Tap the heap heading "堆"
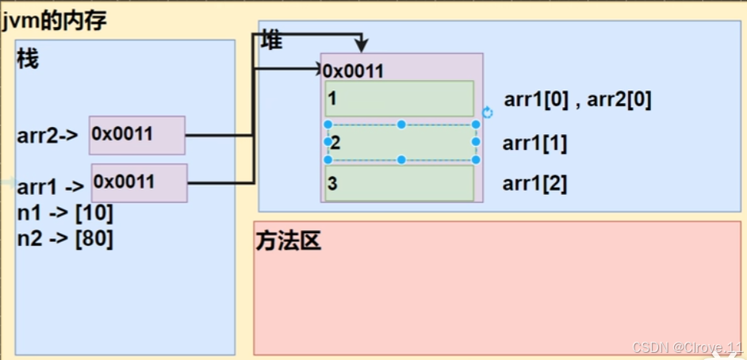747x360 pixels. [271, 42]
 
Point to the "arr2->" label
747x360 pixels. [47, 135]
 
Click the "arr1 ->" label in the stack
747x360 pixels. [50, 187]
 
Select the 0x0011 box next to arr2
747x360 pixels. [136, 135]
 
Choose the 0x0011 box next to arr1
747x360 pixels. [139, 182]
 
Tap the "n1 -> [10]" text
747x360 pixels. [64, 213]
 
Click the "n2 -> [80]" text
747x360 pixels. [64, 238]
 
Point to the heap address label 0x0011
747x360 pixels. [353, 71]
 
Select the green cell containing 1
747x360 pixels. [399, 99]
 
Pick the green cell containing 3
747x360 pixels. [399, 183]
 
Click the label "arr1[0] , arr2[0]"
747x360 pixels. [577, 101]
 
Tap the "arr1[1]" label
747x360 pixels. [534, 144]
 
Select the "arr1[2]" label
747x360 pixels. [534, 184]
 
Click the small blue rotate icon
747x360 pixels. [487, 113]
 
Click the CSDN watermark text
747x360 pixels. [687, 347]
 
